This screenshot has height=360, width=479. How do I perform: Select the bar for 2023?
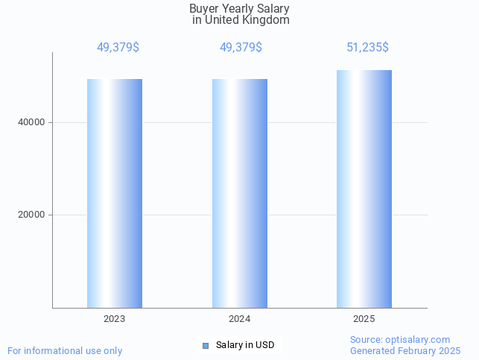(x=115, y=193)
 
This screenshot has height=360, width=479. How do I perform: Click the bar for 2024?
(x=240, y=193)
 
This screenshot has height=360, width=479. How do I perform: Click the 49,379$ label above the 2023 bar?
(x=118, y=48)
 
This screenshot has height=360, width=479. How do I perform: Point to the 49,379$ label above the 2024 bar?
(x=241, y=48)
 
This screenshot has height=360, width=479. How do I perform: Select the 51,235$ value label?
(x=367, y=48)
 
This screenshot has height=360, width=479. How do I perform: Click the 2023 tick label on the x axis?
(x=115, y=319)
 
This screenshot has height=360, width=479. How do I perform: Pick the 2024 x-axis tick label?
(x=240, y=319)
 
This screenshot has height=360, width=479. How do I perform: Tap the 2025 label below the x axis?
(x=364, y=319)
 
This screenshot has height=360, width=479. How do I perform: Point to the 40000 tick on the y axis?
(x=31, y=122)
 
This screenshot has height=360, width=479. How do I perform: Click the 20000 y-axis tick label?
(x=31, y=215)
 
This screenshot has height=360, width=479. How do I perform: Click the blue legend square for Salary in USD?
(x=206, y=345)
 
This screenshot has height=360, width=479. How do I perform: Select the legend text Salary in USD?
(x=245, y=345)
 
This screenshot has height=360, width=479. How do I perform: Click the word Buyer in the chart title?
(x=204, y=9)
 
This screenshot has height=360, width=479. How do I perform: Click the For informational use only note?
(x=65, y=350)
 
